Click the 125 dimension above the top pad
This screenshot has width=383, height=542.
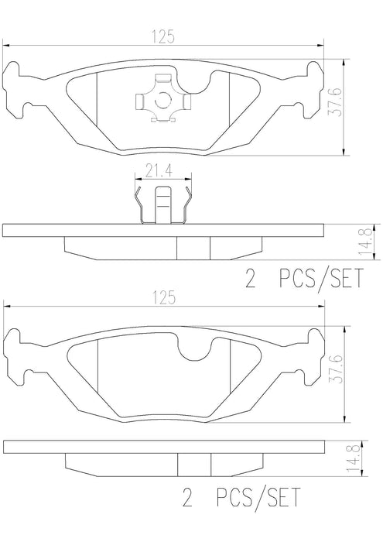[x=162, y=37]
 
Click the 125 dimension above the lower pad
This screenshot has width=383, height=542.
[x=163, y=298]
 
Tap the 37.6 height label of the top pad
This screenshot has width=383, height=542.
[x=335, y=101]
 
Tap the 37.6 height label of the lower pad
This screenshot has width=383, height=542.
[x=335, y=369]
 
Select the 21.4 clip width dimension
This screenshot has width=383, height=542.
[x=159, y=171]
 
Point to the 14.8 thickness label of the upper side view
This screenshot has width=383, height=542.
[x=367, y=242]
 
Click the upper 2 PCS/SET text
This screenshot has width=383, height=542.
[x=304, y=279]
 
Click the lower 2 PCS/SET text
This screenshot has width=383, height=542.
[x=241, y=497]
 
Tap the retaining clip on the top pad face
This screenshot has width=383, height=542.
[x=162, y=98]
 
